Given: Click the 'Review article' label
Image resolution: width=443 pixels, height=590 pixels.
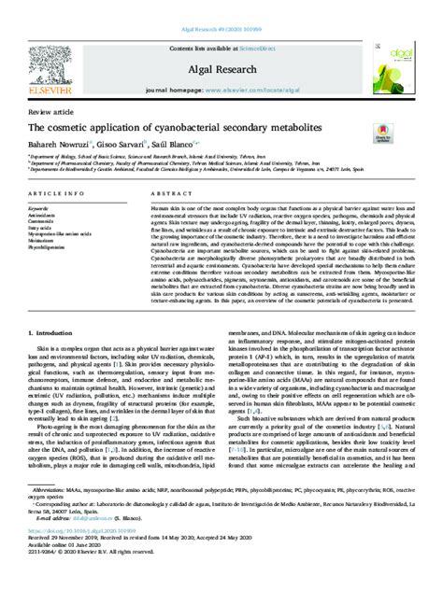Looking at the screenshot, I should (48, 111).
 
